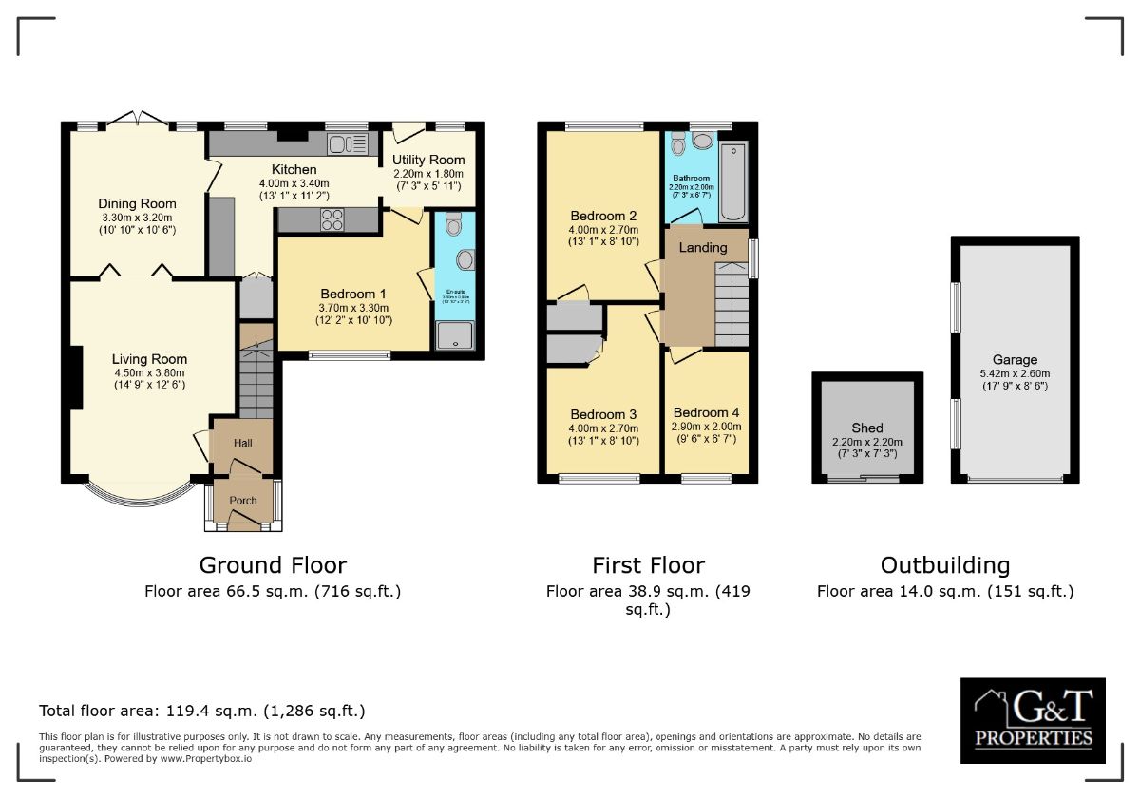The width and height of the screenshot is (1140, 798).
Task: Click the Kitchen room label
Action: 294,169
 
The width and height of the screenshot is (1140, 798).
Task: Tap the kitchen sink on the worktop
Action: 349,144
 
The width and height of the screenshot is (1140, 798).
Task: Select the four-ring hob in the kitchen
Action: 333,219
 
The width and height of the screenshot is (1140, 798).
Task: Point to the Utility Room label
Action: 428,160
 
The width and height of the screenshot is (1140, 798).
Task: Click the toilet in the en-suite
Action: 453,223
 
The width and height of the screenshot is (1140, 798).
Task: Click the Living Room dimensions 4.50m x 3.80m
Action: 149,373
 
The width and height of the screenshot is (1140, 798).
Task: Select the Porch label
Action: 243,501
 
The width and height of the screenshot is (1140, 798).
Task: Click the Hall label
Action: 243,443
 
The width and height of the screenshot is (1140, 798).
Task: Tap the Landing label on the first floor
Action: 704,247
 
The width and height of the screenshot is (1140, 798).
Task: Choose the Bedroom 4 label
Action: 707,412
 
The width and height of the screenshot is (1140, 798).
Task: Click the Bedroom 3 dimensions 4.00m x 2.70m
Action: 604,428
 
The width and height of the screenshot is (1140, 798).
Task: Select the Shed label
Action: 865,428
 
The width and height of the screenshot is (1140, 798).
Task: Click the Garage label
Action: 1015,360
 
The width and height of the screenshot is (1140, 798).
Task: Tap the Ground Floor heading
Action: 273,565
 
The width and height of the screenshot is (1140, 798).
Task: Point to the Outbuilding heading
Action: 944,565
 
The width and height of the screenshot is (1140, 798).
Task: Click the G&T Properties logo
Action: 1033,720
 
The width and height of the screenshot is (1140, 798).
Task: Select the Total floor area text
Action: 201,711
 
